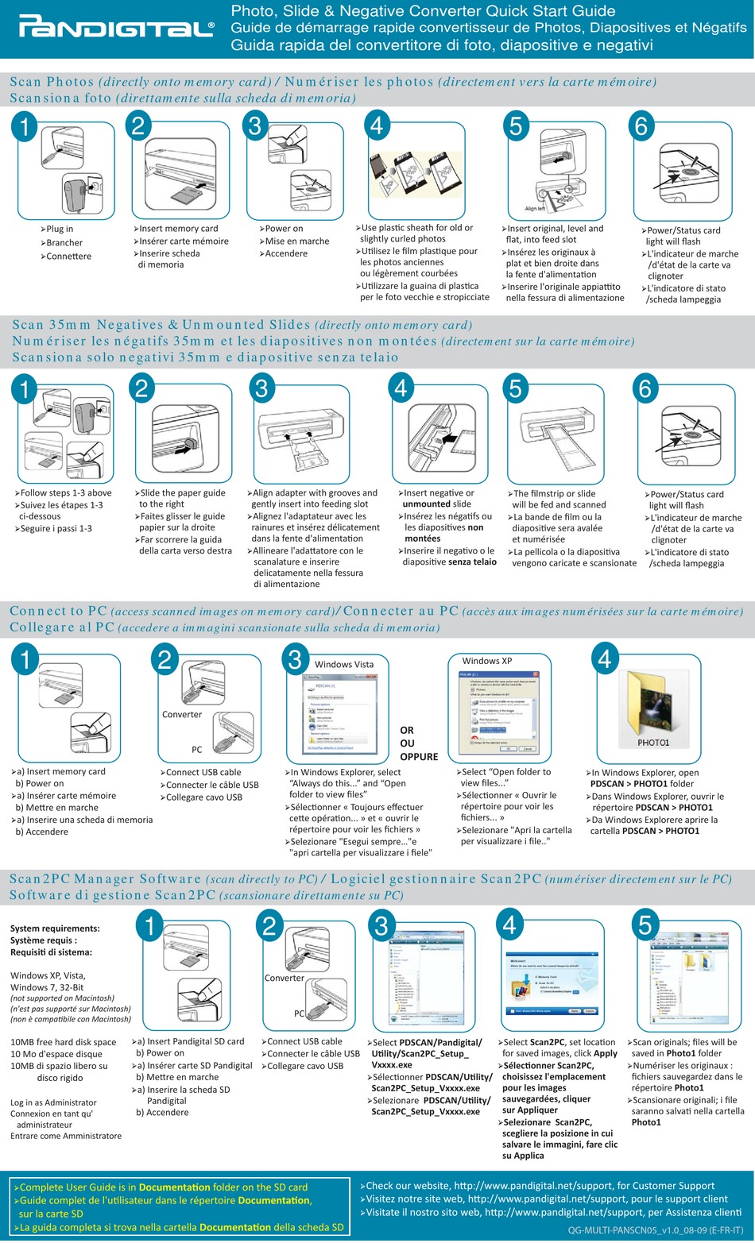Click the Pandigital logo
[x=117, y=29]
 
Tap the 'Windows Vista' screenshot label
[x=344, y=664]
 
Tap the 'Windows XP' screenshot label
[x=486, y=661]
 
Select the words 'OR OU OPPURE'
[x=418, y=743]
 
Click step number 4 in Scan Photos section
[x=377, y=125]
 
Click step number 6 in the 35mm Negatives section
[x=645, y=388]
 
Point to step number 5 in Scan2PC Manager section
[x=645, y=925]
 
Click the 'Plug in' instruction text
[x=59, y=229]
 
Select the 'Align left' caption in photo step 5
[x=536, y=209]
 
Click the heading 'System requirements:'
[x=55, y=928]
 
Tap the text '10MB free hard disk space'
[x=63, y=1042]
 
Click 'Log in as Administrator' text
[x=53, y=1102]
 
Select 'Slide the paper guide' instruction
[x=182, y=493]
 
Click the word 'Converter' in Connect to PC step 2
[x=182, y=714]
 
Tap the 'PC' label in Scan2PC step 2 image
[x=299, y=1013]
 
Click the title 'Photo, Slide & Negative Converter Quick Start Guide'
[x=423, y=11]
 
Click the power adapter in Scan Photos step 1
[x=78, y=193]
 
